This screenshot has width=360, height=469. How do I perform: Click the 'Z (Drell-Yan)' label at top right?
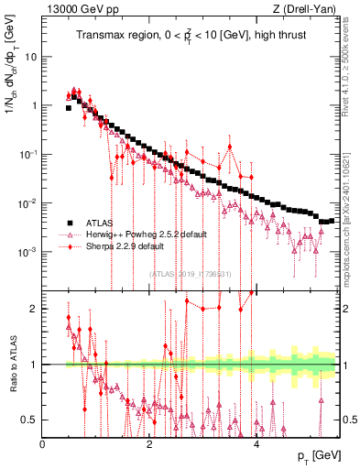tap(308, 9)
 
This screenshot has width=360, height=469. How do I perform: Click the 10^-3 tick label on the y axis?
tap(28, 252)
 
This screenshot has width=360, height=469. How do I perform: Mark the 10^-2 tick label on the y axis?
tap(28, 203)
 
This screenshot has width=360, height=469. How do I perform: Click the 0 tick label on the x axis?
tap(43, 444)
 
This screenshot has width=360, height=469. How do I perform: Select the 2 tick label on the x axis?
tap(149, 444)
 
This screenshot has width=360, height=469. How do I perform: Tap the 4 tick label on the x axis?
tap(256, 444)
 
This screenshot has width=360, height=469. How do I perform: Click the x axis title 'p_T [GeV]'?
tap(313, 456)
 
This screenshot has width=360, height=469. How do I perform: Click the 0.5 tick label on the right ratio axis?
tap(350, 420)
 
